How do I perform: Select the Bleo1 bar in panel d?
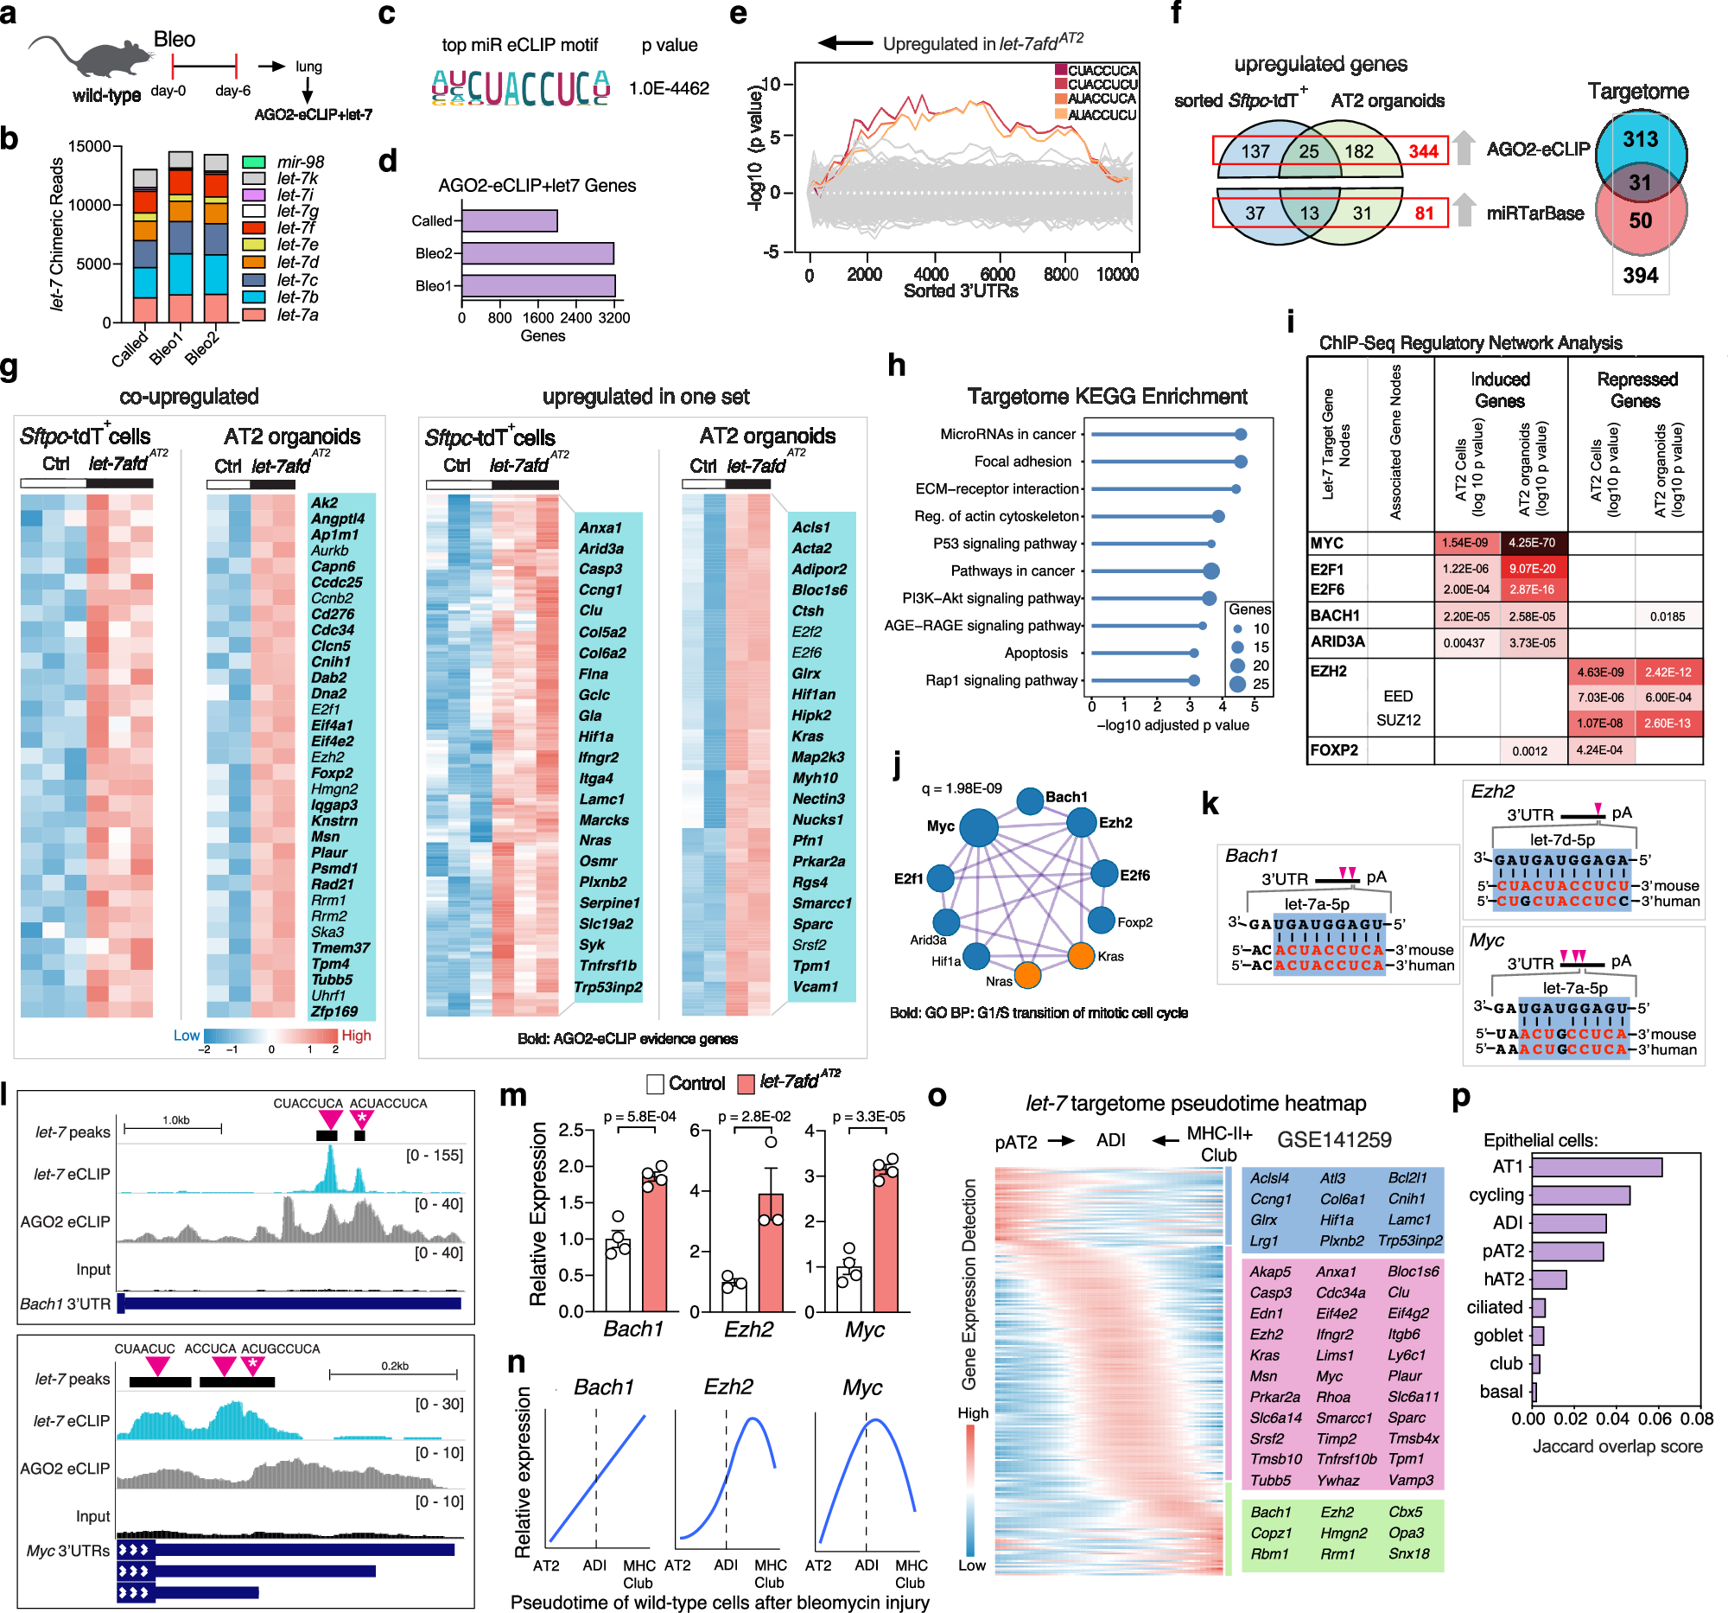coord(538,286)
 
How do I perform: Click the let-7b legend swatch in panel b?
coord(253,297)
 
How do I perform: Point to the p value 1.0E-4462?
coord(669,89)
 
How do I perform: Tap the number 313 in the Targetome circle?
coord(1639,139)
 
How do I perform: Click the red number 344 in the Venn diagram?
coord(1423,151)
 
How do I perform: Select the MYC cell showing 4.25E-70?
coord(1532,543)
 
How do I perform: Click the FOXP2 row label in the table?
coord(1333,749)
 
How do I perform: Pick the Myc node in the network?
coord(978,827)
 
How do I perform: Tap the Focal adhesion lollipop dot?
coord(1240,462)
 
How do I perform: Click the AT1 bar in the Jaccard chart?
coord(1596,1167)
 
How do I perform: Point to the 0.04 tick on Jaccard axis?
coord(1612,1419)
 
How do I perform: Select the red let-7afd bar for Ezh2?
coord(770,1252)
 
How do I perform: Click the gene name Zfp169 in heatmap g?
coord(334,1011)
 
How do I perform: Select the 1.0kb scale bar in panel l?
coord(173,1128)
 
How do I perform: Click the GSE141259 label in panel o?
coord(1333,1139)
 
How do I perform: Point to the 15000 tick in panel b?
coord(90,146)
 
